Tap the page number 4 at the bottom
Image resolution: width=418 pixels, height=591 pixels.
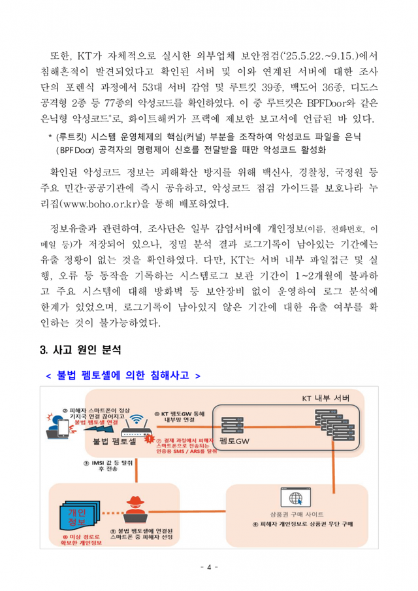coord(208,567)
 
